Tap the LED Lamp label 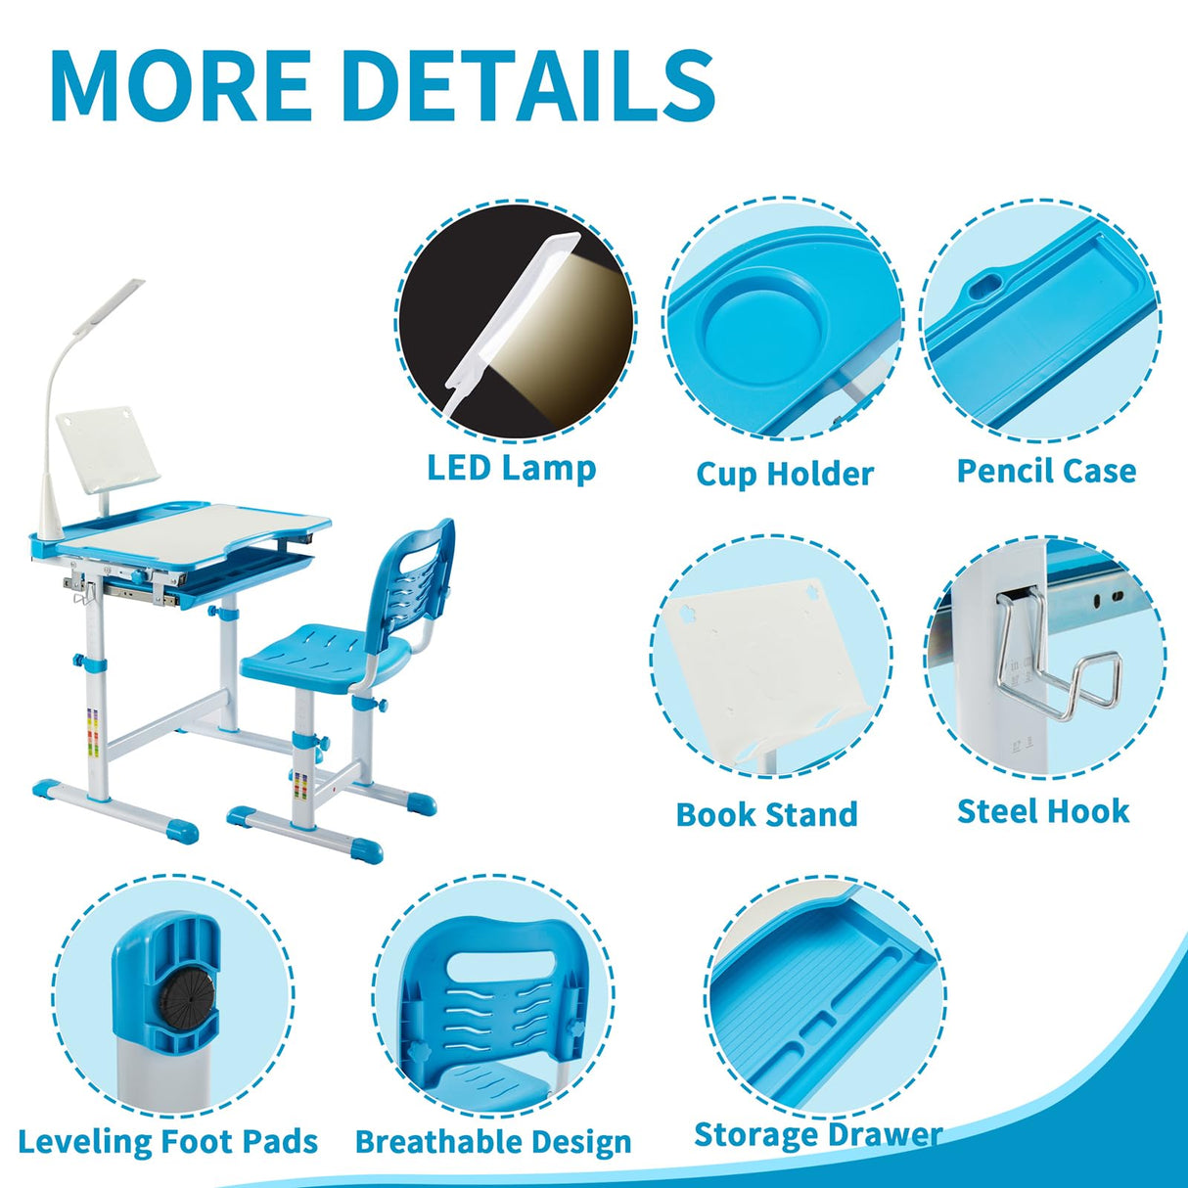point(511,468)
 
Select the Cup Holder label point(784,474)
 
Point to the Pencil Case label point(1046,471)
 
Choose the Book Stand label point(766,814)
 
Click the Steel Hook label point(1043,811)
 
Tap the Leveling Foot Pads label point(168,1141)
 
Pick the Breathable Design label point(493,1142)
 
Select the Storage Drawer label point(818,1134)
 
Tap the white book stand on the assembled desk point(106,450)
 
